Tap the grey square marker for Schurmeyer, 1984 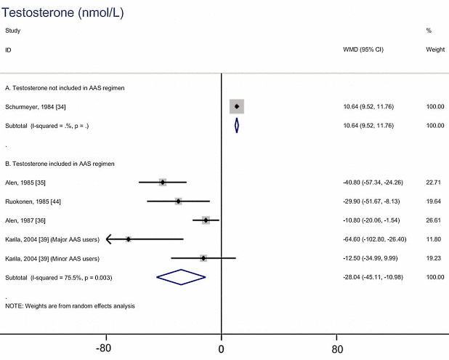click(237, 107)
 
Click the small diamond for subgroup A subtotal click(237, 126)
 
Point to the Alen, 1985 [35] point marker click(163, 182)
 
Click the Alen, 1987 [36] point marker click(206, 220)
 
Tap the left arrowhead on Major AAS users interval click(108, 239)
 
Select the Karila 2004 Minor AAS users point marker click(203, 258)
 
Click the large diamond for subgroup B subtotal click(181, 277)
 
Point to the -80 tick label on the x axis click(105, 348)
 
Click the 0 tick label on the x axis click(222, 348)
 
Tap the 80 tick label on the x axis click(337, 348)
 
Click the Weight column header click(434, 49)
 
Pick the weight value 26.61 click(434, 220)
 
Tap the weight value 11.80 click(434, 239)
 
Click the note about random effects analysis click(70, 305)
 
